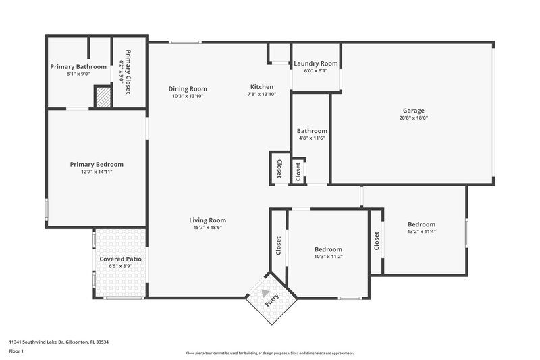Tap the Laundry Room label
click(315, 64)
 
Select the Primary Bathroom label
click(78, 66)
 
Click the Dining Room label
click(188, 88)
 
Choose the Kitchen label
click(262, 87)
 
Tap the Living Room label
click(207, 220)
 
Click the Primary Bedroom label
click(97, 164)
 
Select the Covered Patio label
click(120, 259)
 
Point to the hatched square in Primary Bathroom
click(102, 96)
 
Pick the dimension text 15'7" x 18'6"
click(207, 228)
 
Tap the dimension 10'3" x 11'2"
click(328, 257)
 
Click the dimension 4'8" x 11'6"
click(313, 138)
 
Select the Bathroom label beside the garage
click(313, 131)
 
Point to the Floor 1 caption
click(16, 352)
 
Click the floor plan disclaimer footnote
click(269, 353)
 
